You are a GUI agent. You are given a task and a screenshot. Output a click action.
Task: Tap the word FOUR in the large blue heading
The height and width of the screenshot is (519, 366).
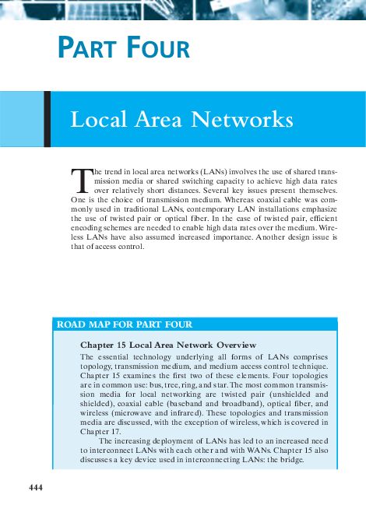154,48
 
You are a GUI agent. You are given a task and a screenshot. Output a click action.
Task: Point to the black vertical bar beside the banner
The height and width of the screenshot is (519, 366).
48,118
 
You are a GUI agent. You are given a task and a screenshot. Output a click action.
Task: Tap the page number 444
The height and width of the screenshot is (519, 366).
35,487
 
